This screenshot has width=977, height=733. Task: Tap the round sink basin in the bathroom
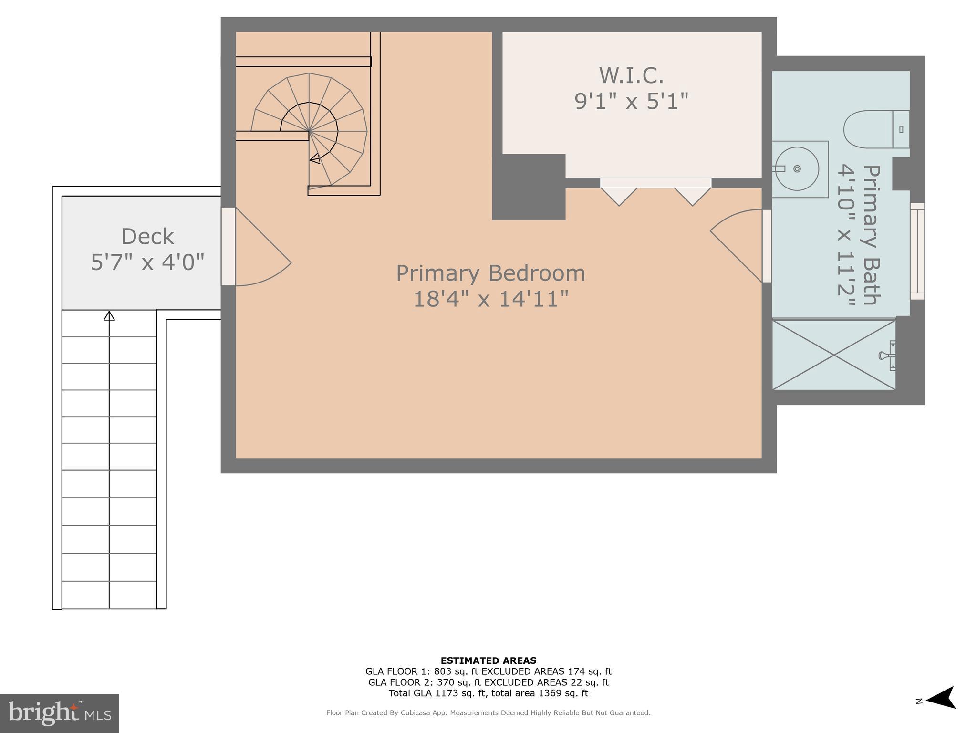[x=797, y=168]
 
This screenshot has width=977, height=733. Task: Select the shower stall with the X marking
[x=833, y=355]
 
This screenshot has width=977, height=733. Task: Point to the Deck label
[x=147, y=237]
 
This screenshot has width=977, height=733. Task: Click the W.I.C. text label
[x=631, y=75]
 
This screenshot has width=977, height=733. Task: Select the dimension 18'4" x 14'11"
[x=490, y=300]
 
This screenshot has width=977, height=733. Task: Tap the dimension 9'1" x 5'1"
[x=631, y=101]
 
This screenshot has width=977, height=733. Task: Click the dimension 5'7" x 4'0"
[x=147, y=262]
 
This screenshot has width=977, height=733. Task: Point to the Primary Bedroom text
[x=490, y=273]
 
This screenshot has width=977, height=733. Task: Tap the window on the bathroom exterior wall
[x=917, y=251]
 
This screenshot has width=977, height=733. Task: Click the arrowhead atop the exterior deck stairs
[x=109, y=315]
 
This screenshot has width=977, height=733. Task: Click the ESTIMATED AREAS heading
[x=488, y=660]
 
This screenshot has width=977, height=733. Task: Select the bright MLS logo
[x=59, y=713]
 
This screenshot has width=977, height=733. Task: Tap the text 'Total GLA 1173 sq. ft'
[x=437, y=693]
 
